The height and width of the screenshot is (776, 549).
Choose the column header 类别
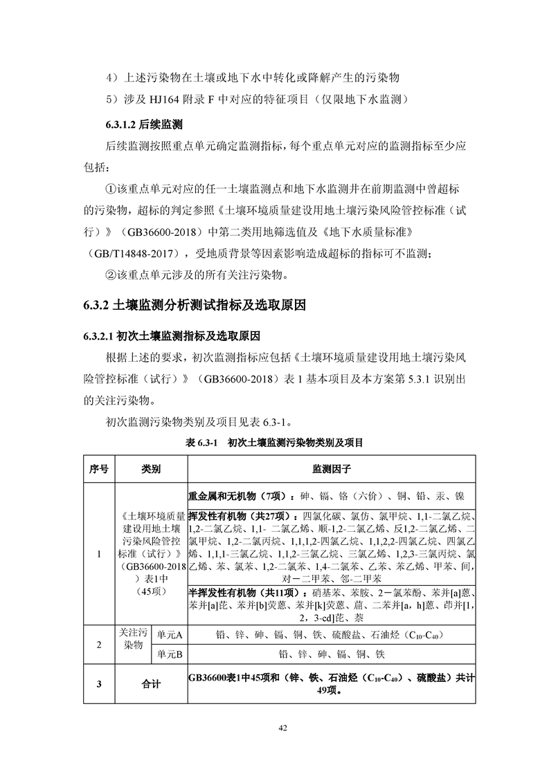tap(151, 469)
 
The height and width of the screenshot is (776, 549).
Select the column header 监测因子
tap(331, 469)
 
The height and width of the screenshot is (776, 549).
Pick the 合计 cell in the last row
tap(151, 684)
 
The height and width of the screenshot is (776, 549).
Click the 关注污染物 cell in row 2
tap(132, 644)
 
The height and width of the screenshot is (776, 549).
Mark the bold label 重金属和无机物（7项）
tap(237, 496)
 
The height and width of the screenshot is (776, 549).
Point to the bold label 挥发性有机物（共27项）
tap(240, 516)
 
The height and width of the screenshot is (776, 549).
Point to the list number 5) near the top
tap(112, 98)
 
